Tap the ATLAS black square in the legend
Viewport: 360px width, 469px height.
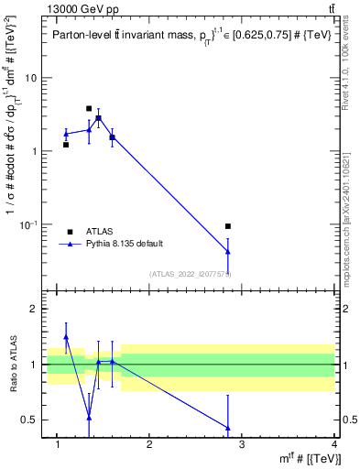point(70,232)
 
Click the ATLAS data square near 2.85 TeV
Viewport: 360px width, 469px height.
point(228,226)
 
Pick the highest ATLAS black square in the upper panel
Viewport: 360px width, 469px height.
point(89,108)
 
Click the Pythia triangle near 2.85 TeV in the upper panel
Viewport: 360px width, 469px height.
point(228,251)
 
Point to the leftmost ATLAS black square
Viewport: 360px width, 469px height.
point(66,145)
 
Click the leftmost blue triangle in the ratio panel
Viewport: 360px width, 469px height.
point(66,337)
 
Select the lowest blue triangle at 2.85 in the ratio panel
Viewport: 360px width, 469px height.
point(228,428)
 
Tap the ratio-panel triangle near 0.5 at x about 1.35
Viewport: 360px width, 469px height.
point(89,418)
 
